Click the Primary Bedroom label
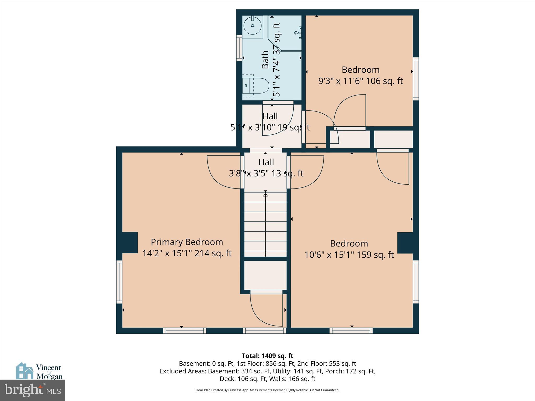point(187,242)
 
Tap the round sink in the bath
point(253,26)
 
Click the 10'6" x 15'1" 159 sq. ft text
point(349,255)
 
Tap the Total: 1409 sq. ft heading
point(267,356)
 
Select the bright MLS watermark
point(33,390)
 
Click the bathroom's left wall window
point(239,48)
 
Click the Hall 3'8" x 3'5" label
point(266,168)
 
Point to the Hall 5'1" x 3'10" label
point(270,122)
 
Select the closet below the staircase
point(265,275)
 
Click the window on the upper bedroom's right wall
point(416,79)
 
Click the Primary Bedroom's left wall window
point(119,282)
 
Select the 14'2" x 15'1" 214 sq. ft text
point(187,253)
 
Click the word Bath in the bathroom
point(265,60)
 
